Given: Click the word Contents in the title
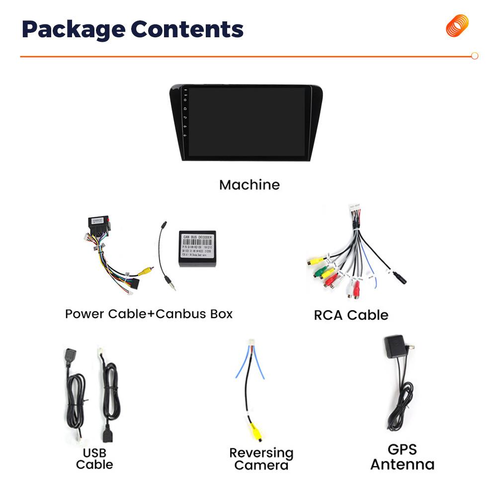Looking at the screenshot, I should tap(187, 30).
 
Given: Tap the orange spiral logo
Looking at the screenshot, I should tap(457, 26).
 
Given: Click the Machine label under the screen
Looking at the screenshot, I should tap(249, 185).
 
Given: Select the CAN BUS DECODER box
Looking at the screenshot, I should tap(197, 248).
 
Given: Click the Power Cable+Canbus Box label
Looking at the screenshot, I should tap(149, 314).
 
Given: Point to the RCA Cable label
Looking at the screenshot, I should tap(351, 315).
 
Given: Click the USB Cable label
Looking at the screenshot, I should tap(94, 459).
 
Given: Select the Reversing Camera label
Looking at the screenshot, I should tap(261, 459).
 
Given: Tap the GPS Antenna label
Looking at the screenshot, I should tap(402, 457).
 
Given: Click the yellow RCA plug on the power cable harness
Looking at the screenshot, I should tap(145, 271).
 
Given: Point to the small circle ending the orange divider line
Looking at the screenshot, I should tap(475, 56).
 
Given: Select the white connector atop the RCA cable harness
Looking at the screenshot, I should tap(354, 210).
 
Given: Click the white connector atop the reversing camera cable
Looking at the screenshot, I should tap(251, 344).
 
